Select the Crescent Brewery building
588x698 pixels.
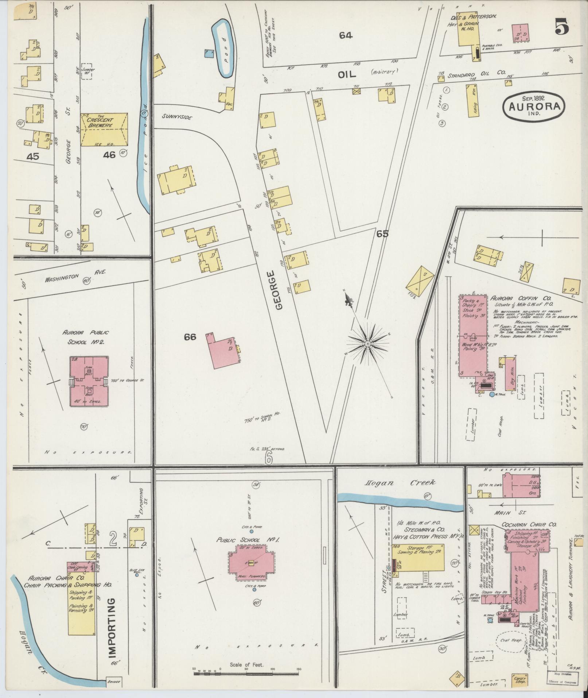(x=104, y=130)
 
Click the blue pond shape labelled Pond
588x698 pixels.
(x=223, y=47)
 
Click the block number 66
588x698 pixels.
(x=190, y=337)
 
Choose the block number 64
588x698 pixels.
(x=345, y=35)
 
